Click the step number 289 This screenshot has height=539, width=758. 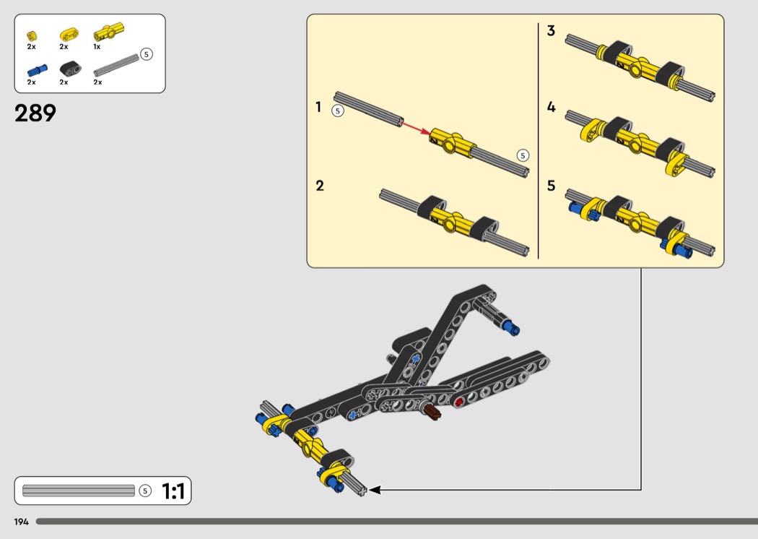(35, 113)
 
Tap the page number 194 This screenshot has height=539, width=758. (21, 522)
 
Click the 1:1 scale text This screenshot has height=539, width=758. (173, 491)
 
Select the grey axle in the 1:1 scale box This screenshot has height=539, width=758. (79, 491)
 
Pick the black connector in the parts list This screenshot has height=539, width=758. (71, 69)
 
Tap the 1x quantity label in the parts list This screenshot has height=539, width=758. (97, 47)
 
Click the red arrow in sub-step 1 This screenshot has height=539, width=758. (417, 129)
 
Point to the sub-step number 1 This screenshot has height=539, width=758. (318, 107)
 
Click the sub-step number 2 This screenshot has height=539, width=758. (320, 186)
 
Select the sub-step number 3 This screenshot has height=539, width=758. (551, 31)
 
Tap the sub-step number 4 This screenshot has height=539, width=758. (551, 107)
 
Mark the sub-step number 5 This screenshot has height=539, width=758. (551, 186)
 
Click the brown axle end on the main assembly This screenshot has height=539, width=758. (433, 413)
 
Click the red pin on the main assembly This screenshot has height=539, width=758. (458, 401)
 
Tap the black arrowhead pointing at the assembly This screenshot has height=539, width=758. (374, 490)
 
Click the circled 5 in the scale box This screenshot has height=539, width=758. (145, 491)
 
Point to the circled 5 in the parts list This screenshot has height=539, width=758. (146, 54)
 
